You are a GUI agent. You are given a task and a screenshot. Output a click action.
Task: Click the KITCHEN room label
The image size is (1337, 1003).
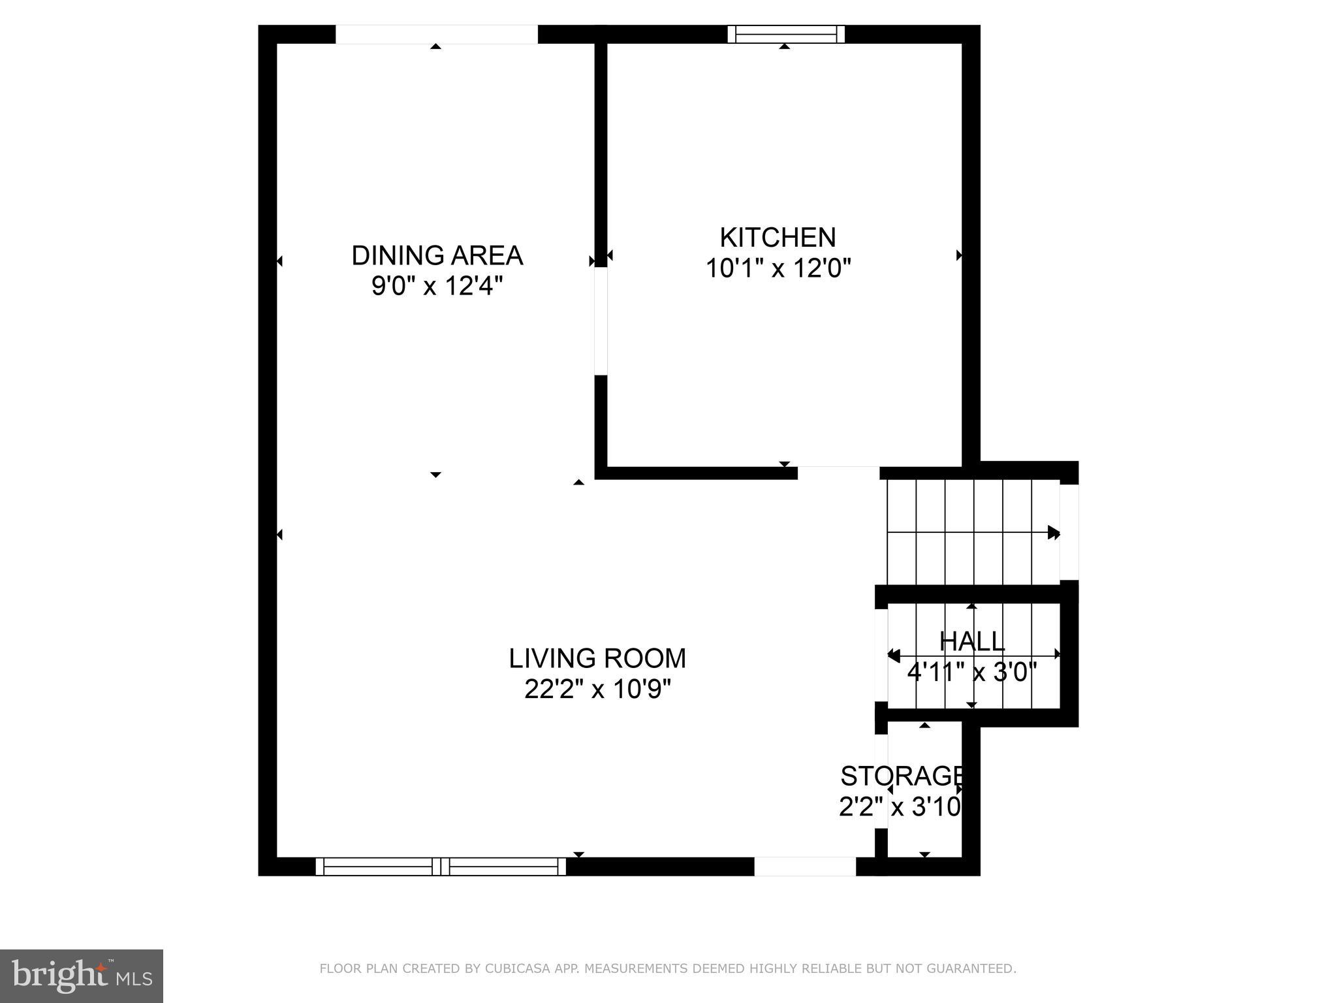click(778, 238)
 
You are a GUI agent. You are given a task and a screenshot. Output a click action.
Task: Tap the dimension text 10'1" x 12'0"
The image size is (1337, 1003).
click(778, 268)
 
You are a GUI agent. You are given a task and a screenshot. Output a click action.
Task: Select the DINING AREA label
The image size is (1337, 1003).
click(437, 255)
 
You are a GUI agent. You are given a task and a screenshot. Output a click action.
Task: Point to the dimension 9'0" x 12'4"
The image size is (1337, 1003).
click(437, 286)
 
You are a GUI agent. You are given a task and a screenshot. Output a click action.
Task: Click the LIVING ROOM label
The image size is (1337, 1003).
click(597, 658)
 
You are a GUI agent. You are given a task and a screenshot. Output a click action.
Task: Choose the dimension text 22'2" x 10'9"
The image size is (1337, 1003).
click(597, 690)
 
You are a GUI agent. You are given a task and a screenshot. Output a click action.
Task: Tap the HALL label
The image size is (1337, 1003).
click(971, 641)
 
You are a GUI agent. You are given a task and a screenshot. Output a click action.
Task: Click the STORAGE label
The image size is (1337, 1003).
click(901, 776)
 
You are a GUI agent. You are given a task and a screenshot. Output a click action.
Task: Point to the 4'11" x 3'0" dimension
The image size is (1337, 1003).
click(971, 672)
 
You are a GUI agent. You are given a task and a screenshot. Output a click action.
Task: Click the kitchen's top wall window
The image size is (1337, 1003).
click(786, 34)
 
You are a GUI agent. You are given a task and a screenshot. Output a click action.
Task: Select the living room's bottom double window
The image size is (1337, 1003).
click(441, 867)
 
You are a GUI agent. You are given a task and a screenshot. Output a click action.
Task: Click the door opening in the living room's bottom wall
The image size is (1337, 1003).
click(805, 867)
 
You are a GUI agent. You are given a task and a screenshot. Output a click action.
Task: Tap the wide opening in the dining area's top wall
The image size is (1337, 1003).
click(436, 34)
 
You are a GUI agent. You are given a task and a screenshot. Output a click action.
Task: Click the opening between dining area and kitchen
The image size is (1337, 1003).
click(601, 321)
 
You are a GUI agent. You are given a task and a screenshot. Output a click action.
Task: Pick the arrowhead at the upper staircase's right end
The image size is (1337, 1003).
click(1053, 532)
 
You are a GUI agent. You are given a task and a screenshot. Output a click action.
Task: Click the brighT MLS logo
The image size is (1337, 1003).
click(81, 976)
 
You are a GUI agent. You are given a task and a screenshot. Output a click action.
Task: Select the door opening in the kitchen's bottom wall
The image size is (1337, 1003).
click(838, 473)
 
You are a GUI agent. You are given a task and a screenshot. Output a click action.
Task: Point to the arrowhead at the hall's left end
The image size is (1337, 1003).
click(894, 655)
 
